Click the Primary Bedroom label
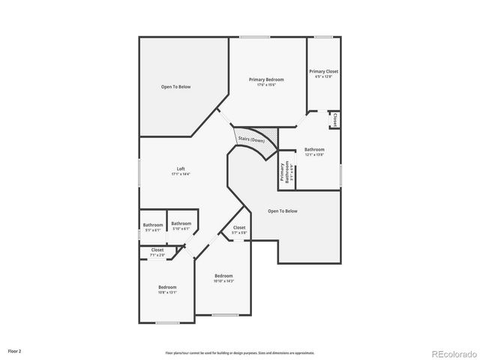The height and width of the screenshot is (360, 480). [x=266, y=79]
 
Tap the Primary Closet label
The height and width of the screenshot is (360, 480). [x=323, y=71]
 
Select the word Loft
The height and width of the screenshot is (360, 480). [x=181, y=169]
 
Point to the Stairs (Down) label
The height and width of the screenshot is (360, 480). [x=251, y=140]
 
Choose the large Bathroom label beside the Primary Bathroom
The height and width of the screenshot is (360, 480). [x=314, y=149]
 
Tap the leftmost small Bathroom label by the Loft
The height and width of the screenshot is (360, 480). [x=153, y=225]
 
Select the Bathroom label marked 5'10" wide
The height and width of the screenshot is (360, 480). [x=181, y=223]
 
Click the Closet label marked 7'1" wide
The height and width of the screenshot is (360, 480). [x=157, y=250]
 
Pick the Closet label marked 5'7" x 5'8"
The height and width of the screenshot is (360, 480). [x=239, y=227]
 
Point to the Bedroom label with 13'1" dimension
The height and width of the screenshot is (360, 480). [x=167, y=287]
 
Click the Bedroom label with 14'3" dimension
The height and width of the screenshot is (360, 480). [x=223, y=275]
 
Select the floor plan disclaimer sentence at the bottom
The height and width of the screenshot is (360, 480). [x=239, y=352]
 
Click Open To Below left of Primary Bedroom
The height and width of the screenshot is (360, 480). [x=176, y=87]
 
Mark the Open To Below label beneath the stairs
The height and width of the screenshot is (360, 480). [x=283, y=211]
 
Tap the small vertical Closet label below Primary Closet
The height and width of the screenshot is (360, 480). [x=334, y=120]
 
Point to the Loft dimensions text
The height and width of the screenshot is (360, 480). [x=181, y=174]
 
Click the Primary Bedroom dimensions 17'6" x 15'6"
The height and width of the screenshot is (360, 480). [x=266, y=85]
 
